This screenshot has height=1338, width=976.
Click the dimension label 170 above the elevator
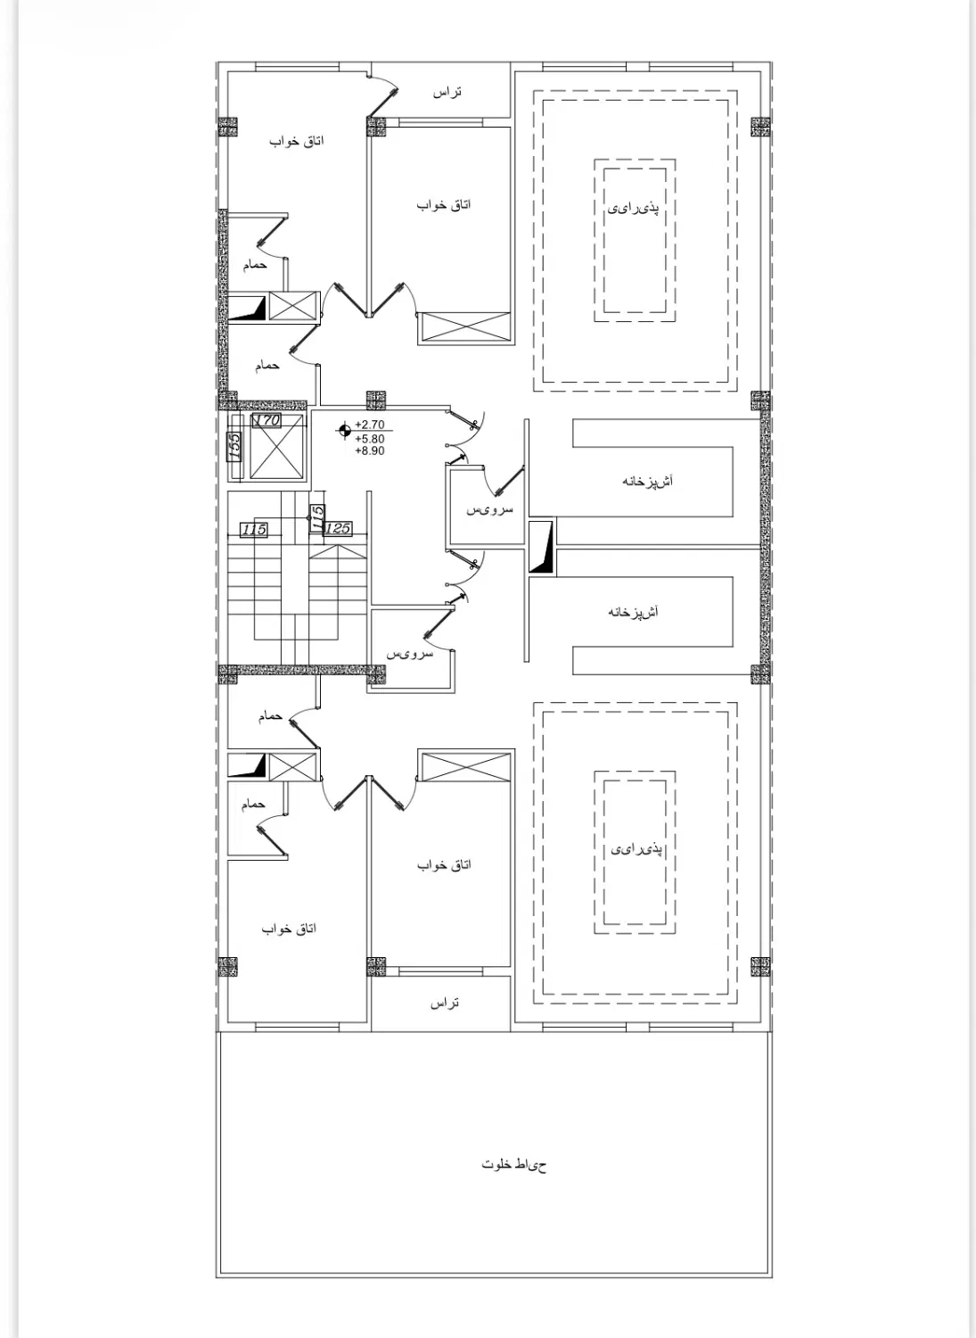point(267,420)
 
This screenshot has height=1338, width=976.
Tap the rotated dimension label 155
point(234,446)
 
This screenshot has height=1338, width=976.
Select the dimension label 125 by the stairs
point(338,529)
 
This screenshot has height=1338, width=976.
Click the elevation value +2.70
point(370,425)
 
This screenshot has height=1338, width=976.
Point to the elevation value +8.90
point(370,451)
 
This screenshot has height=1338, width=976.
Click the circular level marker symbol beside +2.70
point(344,429)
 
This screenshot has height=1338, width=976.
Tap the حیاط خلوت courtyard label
point(514,1164)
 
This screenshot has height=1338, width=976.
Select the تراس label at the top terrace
point(447,93)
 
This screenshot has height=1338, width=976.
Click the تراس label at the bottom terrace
point(445,1003)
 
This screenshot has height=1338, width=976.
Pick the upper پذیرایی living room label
point(634,209)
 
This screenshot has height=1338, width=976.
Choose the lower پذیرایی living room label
point(636,849)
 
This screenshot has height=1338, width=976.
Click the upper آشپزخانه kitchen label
point(648,481)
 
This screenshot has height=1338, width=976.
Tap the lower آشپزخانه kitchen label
point(634,612)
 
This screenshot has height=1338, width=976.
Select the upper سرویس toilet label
point(489,510)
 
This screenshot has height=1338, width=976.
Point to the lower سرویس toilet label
point(409,654)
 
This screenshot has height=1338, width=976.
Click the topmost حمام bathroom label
point(255,265)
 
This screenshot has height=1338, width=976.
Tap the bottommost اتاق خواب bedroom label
point(289,929)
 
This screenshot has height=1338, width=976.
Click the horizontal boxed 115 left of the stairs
point(254,529)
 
